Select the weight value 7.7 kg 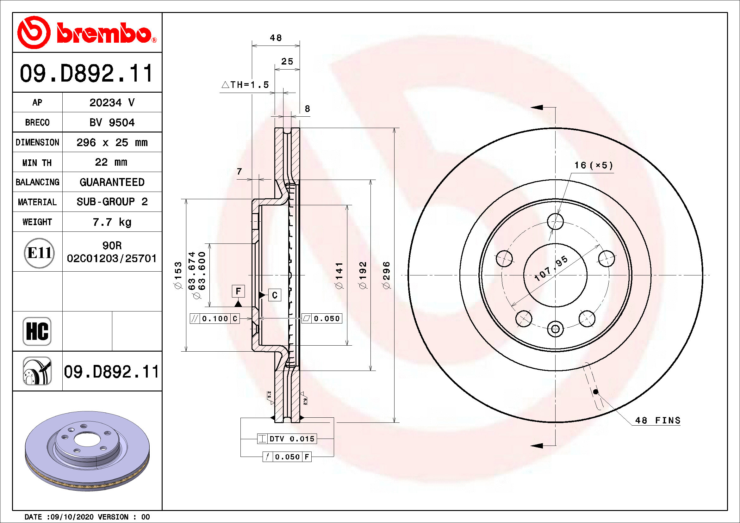coord(112,222)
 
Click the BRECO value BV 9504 coord(112,122)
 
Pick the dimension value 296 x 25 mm coord(112,142)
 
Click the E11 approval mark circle coord(39,253)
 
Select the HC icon coord(37,331)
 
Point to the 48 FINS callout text coord(657,420)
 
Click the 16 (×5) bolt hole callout coord(593,165)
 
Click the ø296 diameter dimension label coord(386,275)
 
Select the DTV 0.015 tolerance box coord(287,439)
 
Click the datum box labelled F coord(238,291)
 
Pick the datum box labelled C coord(275,295)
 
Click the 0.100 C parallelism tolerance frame coord(215,318)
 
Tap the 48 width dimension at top coord(276,38)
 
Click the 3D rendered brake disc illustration coord(87,451)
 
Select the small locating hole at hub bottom coord(555,329)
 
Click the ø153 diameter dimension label coord(178,275)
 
